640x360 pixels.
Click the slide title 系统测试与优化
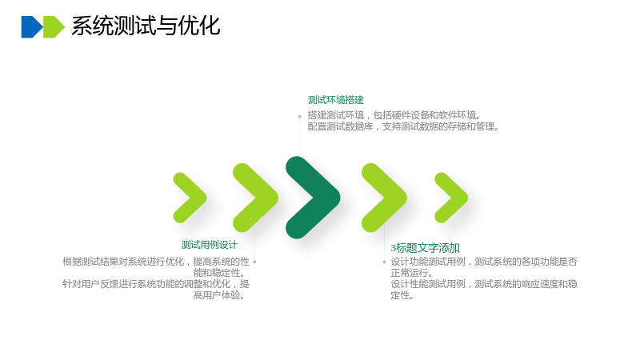[146, 26]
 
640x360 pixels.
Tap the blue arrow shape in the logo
[31, 27]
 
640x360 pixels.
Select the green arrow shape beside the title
[54, 27]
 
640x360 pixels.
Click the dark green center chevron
[312, 198]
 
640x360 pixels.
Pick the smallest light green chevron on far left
[190, 198]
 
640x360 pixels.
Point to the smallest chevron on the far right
[452, 198]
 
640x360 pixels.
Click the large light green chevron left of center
[256, 198]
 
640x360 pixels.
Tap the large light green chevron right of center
[385, 198]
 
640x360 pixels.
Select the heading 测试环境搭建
[335, 100]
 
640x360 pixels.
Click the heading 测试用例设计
[210, 245]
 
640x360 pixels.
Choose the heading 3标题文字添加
[426, 248]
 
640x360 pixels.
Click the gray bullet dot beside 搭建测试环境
[299, 117]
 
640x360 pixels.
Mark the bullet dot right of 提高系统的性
[254, 262]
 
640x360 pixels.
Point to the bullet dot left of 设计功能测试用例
[384, 262]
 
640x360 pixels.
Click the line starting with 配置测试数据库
[403, 126]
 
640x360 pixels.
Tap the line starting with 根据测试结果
[156, 262]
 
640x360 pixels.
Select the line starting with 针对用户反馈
[156, 284]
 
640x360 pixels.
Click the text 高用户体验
[219, 295]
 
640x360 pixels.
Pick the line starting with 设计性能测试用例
[484, 284]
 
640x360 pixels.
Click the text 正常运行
[411, 273]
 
